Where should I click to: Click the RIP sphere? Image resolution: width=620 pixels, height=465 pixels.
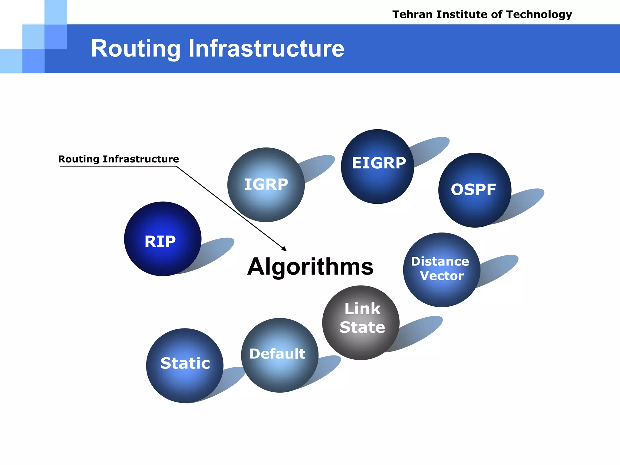pyautogui.click(x=163, y=239)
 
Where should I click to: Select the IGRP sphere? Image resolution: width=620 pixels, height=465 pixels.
pyautogui.click(x=266, y=185)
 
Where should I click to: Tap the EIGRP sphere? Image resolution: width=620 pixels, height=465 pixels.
pyautogui.click(x=377, y=166)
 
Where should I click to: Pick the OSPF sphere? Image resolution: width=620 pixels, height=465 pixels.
pyautogui.click(x=474, y=190)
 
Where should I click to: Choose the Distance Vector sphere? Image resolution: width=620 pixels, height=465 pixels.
pyautogui.click(x=441, y=270)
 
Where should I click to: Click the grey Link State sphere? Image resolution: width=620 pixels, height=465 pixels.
pyautogui.click(x=361, y=323)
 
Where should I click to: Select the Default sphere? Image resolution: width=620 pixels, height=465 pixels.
pyautogui.click(x=279, y=355)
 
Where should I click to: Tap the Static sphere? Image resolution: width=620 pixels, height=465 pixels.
pyautogui.click(x=185, y=365)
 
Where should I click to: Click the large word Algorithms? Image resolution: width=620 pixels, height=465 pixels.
pyautogui.click(x=310, y=267)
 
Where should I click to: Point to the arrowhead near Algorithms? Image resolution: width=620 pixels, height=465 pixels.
pyautogui.click(x=284, y=249)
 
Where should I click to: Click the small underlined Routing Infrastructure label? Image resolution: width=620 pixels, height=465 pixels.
pyautogui.click(x=118, y=159)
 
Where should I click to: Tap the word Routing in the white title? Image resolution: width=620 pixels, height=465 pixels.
pyautogui.click(x=136, y=49)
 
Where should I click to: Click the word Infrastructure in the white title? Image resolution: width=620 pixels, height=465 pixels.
pyautogui.click(x=266, y=49)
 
